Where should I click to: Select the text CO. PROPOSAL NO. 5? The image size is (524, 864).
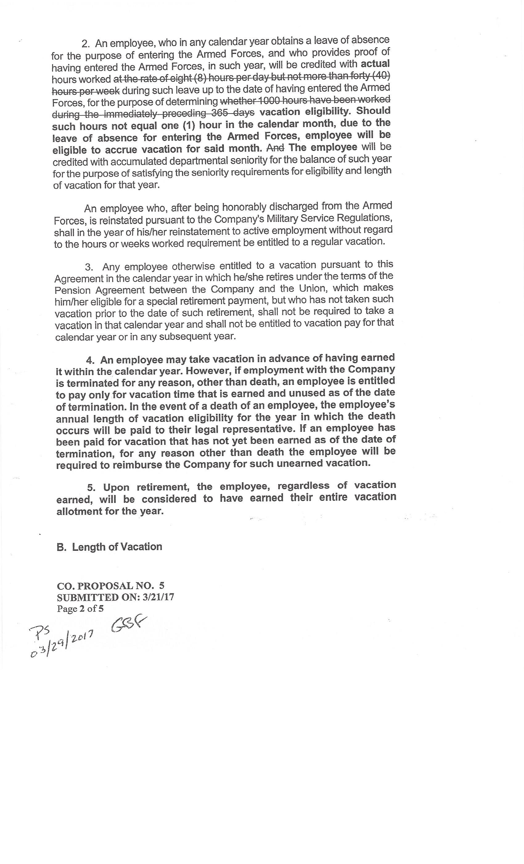pyautogui.click(x=110, y=586)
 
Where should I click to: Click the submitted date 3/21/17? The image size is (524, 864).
pyautogui.click(x=158, y=597)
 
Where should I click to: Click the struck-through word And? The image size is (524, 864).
pyautogui.click(x=275, y=147)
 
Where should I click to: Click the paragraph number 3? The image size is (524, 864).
pyautogui.click(x=89, y=267)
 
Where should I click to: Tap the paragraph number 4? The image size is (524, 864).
pyautogui.click(x=90, y=360)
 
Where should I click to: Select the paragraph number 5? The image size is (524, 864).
pyautogui.click(x=91, y=488)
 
